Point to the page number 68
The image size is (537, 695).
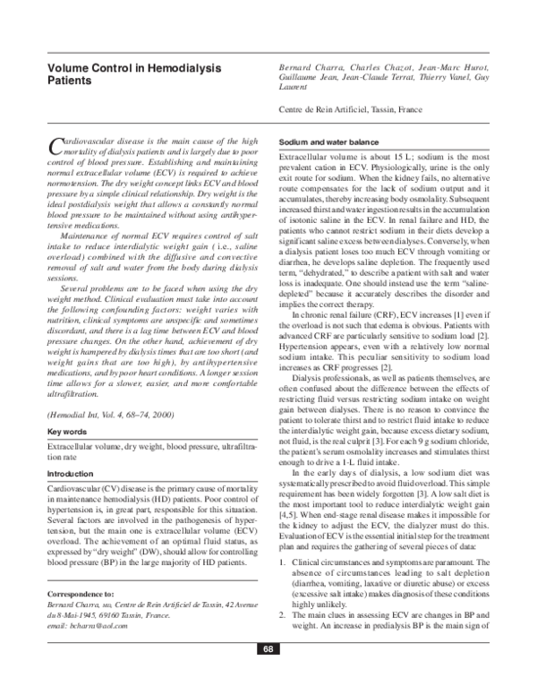tap(268, 674)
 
